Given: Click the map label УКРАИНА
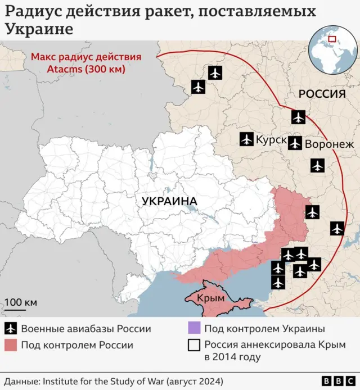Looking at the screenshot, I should point(169,201).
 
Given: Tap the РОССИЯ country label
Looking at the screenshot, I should point(321,94).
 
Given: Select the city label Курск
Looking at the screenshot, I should point(271,139).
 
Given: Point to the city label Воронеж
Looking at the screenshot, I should point(330,144).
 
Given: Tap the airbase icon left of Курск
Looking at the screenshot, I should point(246,139).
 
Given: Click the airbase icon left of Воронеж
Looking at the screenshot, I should point(295,143).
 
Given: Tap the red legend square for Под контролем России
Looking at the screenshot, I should point(11,345).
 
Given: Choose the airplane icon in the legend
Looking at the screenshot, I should point(11,329).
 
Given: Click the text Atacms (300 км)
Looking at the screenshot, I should point(86,70).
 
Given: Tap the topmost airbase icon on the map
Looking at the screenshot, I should point(215,72).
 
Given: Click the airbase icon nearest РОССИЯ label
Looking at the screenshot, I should point(298,117).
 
